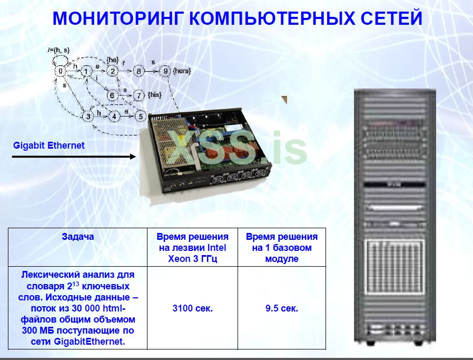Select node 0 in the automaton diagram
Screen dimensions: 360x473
[x=61, y=71]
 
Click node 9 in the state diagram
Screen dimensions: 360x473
[x=165, y=71]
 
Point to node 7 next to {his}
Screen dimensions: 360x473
[x=139, y=95]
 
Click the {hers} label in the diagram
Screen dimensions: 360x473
[x=182, y=71]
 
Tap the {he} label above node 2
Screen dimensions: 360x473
[x=113, y=60]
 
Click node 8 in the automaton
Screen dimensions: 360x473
[x=138, y=71]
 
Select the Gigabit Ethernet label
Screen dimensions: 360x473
[x=48, y=145]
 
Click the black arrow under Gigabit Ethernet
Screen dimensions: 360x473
[x=74, y=156]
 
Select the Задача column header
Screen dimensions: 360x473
[x=77, y=237]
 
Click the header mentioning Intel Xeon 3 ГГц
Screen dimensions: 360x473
[x=192, y=248]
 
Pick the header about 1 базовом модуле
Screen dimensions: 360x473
[x=282, y=248]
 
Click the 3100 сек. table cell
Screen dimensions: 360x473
[x=192, y=308]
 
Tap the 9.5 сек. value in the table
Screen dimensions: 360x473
[x=282, y=308]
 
